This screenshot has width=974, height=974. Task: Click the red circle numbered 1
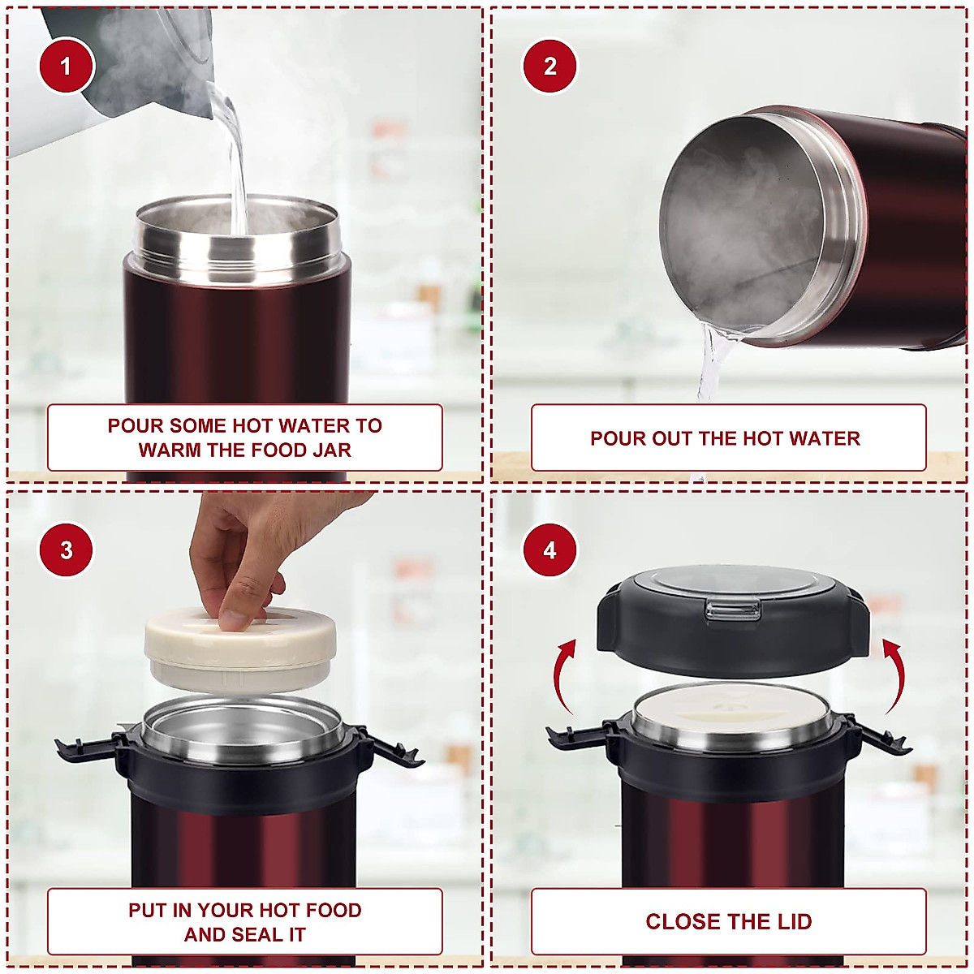(x=66, y=66)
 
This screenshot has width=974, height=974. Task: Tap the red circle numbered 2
(x=549, y=66)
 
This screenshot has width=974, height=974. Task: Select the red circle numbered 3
(x=66, y=549)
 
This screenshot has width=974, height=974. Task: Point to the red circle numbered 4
(x=549, y=549)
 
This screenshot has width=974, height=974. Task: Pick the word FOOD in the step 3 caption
(x=334, y=910)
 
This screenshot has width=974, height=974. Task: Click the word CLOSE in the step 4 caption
(x=676, y=921)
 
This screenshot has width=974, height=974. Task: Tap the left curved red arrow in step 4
(x=562, y=675)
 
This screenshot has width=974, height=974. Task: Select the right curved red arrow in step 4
(x=895, y=675)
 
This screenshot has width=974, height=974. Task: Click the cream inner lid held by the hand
(x=240, y=650)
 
